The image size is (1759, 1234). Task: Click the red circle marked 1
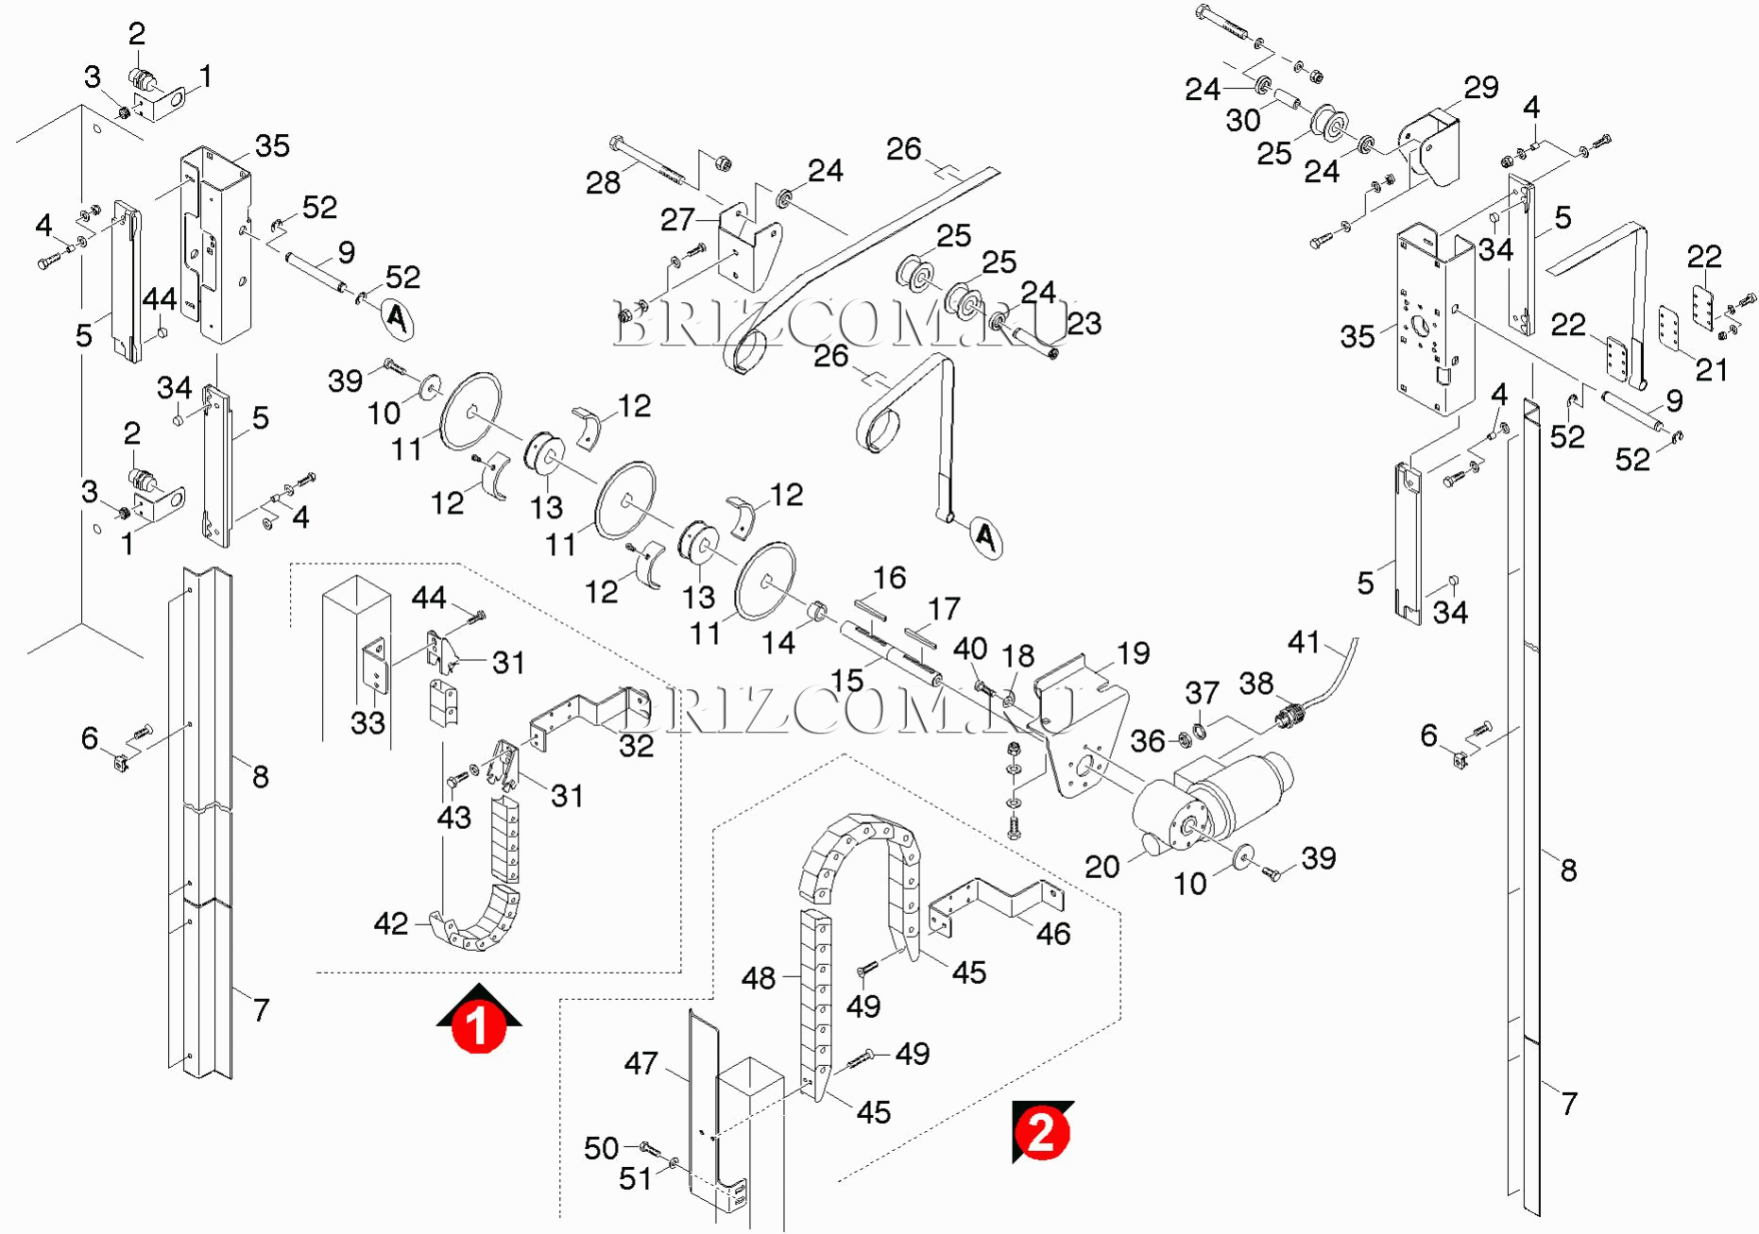click(x=478, y=1026)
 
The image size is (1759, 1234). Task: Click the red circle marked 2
click(x=1041, y=1131)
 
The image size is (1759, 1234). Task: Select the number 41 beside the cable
click(x=1304, y=642)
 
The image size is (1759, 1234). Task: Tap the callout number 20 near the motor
click(x=1102, y=867)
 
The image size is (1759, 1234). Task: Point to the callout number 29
click(x=1480, y=88)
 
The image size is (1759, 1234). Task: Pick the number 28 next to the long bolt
click(x=603, y=182)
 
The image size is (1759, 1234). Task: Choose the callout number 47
click(x=640, y=1064)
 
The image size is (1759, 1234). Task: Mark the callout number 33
click(x=367, y=723)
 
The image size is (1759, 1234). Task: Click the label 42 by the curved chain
click(x=391, y=923)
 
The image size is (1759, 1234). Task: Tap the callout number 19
click(x=1133, y=652)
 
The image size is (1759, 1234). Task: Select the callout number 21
click(x=1711, y=369)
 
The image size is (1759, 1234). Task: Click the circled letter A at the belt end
click(x=985, y=538)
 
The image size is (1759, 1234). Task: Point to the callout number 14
click(x=778, y=643)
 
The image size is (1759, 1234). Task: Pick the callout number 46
click(x=1053, y=934)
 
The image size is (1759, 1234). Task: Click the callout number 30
click(x=1243, y=121)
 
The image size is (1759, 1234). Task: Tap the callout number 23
click(x=1084, y=324)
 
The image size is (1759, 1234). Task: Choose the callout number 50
click(x=601, y=1148)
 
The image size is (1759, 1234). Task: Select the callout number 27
click(x=677, y=220)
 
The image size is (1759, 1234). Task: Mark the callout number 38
click(x=1256, y=684)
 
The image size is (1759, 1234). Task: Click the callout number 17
click(x=944, y=609)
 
